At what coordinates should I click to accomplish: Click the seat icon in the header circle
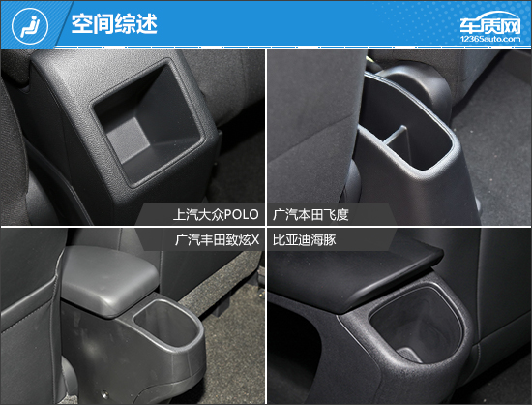[x=30, y=26]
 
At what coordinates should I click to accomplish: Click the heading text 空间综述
[x=114, y=24]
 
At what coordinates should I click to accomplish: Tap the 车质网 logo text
[x=490, y=24]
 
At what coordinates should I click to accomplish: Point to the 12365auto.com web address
[x=490, y=39]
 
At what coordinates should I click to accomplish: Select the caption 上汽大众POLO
[x=216, y=215]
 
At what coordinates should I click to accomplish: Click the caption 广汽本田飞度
[x=310, y=215]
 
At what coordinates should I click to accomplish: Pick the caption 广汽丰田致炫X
[x=217, y=240]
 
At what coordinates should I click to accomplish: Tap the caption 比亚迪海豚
[x=305, y=240]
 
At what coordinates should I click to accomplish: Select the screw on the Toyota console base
[x=104, y=394]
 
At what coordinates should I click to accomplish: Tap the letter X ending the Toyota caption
[x=255, y=240]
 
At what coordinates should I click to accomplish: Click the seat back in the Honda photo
[x=312, y=129]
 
